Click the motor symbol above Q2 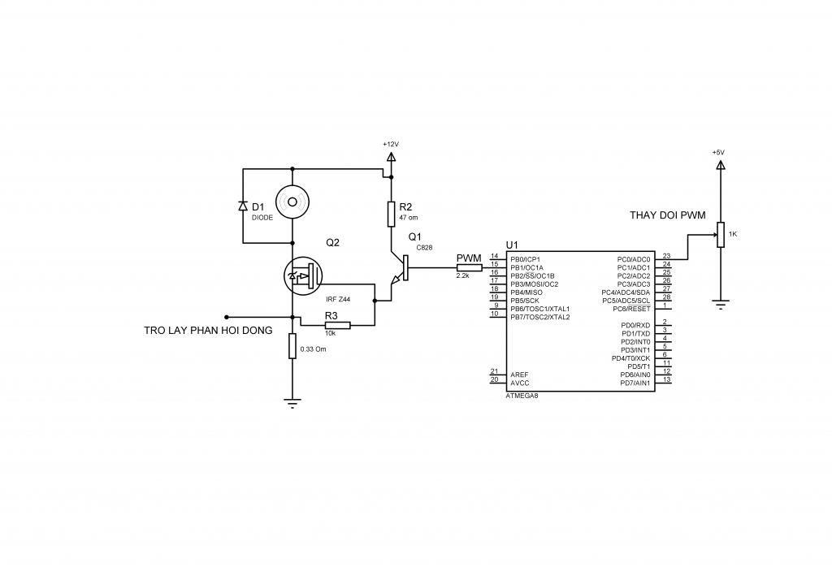292,201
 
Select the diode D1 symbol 243,206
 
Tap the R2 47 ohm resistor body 391,214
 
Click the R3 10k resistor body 338,326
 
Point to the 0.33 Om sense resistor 292,346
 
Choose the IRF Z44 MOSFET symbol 303,276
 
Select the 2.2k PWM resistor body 470,267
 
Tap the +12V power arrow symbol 391,157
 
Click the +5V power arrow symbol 720,166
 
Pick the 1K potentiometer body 721,235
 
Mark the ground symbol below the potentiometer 721,304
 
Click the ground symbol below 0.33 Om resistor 292,402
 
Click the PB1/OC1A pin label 526,267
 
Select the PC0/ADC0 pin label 634,259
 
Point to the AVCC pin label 520,383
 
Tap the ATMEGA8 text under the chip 522,396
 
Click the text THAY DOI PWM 668,215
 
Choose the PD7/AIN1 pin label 635,383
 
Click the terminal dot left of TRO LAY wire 226,317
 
